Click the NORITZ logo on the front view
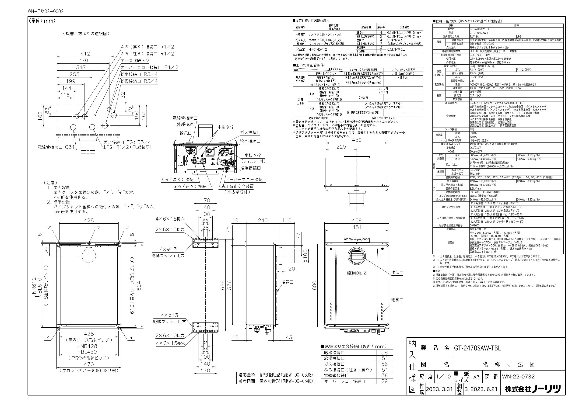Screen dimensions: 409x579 tap(357, 273)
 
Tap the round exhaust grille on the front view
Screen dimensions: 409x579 tap(357, 256)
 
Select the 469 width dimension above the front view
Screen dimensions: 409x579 tap(357, 221)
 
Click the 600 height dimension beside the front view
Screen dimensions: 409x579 tap(314, 285)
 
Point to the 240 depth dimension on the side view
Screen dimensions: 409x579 tap(263, 221)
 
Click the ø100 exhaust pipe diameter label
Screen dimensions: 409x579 tap(305, 256)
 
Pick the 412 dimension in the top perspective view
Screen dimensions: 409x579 tap(85, 54)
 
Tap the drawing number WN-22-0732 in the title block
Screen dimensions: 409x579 tap(518, 377)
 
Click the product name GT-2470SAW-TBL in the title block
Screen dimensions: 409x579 tap(477, 348)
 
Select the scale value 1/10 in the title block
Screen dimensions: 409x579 tap(443, 377)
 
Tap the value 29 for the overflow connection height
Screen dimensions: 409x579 tap(384, 381)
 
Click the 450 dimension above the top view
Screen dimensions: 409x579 tap(357, 140)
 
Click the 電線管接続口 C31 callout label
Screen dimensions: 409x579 tap(56, 147)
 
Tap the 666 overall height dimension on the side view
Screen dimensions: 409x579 tap(222, 285)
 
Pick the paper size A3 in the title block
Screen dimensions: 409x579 tap(476, 377)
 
